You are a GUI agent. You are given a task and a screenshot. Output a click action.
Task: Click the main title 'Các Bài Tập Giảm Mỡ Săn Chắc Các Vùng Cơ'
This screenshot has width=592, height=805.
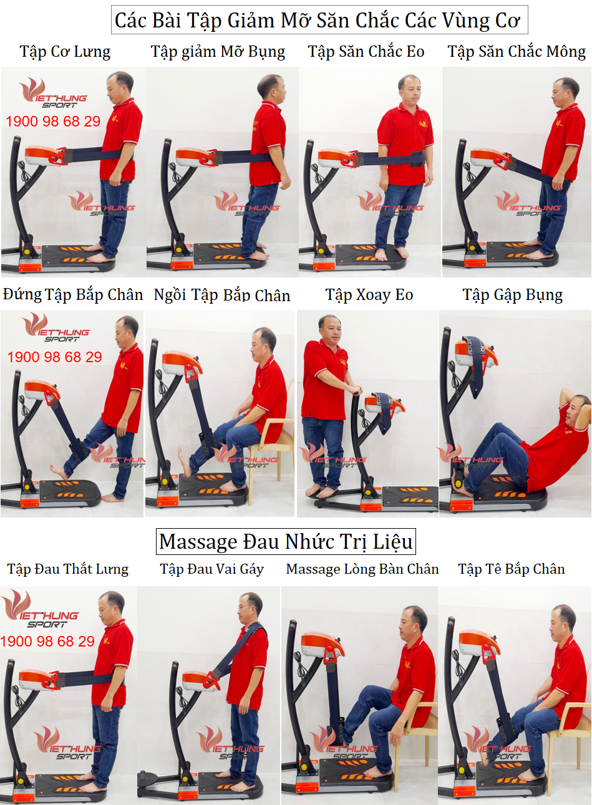[x=318, y=20]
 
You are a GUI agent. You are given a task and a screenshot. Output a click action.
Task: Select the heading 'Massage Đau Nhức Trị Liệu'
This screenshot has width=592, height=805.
[x=286, y=541]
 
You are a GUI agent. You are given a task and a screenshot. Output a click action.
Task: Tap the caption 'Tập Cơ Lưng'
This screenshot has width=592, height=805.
[x=65, y=52]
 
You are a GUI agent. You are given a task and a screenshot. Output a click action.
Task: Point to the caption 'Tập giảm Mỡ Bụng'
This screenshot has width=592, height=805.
[x=218, y=52]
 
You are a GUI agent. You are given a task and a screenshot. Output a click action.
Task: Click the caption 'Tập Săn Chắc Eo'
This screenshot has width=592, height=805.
[x=366, y=52]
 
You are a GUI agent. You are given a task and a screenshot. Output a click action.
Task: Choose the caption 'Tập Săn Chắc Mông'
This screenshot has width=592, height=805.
[x=517, y=52]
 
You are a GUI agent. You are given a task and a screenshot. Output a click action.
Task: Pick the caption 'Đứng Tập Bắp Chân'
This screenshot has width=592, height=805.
[x=73, y=295]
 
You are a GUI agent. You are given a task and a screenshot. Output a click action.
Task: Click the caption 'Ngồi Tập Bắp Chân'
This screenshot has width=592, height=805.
[x=222, y=296]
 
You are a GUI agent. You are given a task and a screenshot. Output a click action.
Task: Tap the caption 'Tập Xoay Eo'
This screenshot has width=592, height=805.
[x=369, y=295]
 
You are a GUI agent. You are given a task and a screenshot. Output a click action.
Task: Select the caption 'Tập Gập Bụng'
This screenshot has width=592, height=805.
[x=513, y=296]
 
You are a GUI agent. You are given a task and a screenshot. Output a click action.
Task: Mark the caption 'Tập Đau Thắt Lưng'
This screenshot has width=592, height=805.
[x=68, y=569]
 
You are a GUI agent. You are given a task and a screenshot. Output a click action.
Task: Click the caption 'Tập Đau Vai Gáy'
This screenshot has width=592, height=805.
[x=211, y=569]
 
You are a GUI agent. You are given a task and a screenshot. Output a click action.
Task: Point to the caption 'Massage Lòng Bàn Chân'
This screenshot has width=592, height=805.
[x=362, y=569]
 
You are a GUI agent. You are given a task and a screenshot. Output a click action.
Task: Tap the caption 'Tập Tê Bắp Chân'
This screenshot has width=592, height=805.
[x=512, y=569]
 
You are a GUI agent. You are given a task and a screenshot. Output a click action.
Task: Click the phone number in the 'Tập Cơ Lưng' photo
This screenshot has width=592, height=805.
[x=53, y=122]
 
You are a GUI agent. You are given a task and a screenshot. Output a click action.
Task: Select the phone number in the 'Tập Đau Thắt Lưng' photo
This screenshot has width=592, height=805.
[x=47, y=642]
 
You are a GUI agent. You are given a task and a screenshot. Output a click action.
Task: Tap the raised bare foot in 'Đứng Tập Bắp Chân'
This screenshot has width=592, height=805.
[x=59, y=471]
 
